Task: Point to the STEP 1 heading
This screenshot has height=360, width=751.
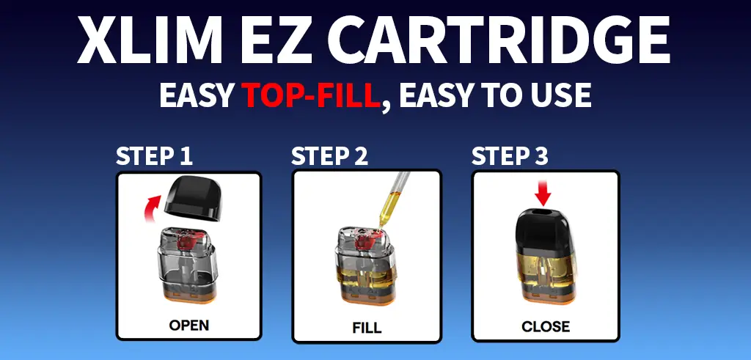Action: tap(154, 156)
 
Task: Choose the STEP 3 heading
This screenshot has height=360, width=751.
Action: tap(510, 156)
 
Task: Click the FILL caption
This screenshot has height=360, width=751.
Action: tap(367, 327)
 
